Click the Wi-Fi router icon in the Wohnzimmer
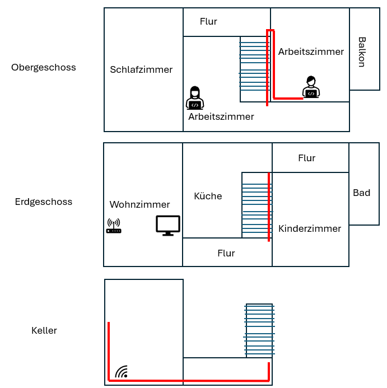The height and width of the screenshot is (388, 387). [114, 226]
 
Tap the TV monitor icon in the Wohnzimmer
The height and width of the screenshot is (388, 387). [168, 225]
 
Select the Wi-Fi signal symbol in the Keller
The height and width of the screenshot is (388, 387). [122, 371]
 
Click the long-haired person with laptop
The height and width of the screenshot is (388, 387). [195, 98]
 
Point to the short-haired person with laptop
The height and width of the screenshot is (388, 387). [311, 87]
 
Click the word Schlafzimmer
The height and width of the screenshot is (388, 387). [141, 70]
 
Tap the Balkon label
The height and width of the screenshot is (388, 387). [362, 52]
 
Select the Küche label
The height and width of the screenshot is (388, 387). [208, 196]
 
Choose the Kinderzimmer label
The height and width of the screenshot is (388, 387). [310, 228]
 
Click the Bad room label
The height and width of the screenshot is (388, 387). [361, 193]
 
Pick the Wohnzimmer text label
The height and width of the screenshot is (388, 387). [139, 204]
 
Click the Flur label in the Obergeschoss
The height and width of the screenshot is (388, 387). [208, 22]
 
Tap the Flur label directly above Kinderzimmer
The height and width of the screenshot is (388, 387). [306, 158]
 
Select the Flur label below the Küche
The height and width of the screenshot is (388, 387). [226, 253]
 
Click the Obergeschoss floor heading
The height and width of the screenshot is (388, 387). [44, 68]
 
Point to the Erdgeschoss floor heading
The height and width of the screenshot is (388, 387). [44, 202]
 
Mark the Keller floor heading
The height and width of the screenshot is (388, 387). [44, 330]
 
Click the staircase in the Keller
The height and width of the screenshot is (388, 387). [259, 330]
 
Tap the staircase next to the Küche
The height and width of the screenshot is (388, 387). [255, 205]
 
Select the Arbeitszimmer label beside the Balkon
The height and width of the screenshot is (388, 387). [311, 52]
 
